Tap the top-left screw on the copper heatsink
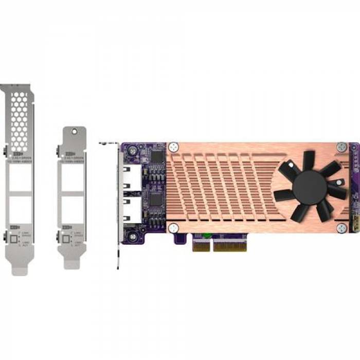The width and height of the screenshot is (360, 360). click(175, 147)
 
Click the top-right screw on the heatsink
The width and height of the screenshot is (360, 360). click(341, 147)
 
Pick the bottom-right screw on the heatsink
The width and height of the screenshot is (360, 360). click(341, 227)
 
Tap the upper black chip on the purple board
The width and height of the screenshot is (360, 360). click(157, 156)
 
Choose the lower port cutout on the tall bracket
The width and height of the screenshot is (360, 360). click(21, 208)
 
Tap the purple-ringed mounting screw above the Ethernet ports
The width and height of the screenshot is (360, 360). click(133, 152)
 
